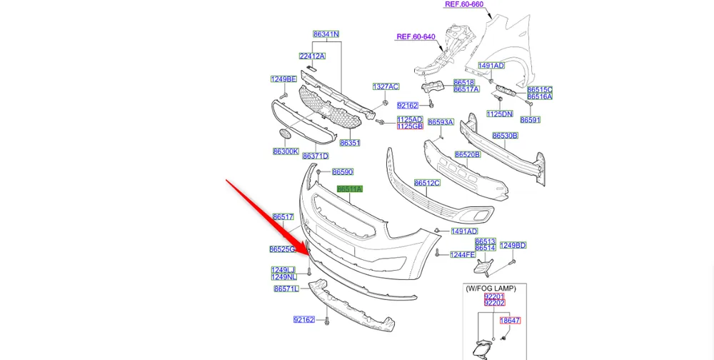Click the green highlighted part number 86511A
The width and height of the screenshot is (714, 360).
[x=350, y=189]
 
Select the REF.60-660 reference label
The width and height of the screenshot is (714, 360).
[x=464, y=4]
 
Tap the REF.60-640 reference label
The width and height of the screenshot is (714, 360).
[x=416, y=36]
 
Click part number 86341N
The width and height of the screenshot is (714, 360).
[x=326, y=34]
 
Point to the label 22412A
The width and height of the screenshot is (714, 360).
[x=312, y=56]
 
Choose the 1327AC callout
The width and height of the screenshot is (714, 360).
[x=386, y=86]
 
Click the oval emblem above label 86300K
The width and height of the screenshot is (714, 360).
[x=284, y=134]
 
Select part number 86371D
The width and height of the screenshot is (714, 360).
[x=315, y=156]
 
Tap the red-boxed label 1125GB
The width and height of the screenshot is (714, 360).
[x=410, y=126]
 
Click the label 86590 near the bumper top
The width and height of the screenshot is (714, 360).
[x=343, y=172]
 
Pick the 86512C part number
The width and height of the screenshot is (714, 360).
[x=427, y=183]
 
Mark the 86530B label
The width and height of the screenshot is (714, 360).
[x=505, y=135]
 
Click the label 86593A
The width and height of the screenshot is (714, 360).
[x=441, y=122]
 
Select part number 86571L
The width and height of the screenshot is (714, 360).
[x=286, y=289]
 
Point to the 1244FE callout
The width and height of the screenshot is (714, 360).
[x=463, y=254]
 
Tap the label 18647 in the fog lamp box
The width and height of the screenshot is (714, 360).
[x=510, y=321]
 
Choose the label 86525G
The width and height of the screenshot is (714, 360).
[x=282, y=249]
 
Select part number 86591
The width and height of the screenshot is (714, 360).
[x=530, y=120]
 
